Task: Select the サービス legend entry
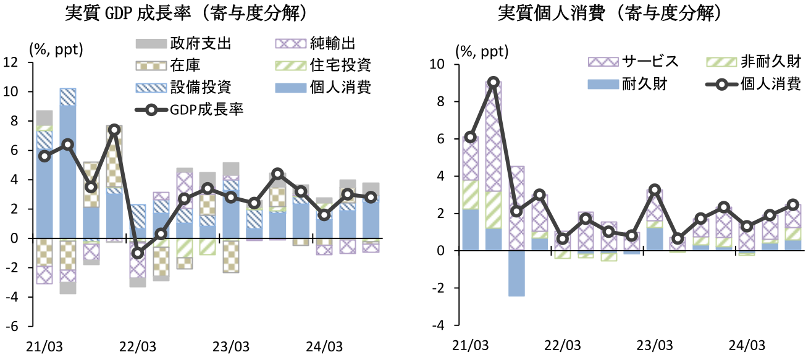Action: coord(650,61)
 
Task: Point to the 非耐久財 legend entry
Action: coord(770,61)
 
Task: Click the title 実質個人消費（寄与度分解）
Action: coord(611,14)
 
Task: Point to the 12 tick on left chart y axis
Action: coord(11,62)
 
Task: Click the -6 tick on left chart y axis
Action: coord(13,327)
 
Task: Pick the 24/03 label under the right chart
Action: coord(743,345)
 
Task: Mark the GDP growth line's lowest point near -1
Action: coord(138,253)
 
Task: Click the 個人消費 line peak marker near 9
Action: coord(493,82)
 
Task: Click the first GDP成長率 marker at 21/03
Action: coord(44,156)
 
